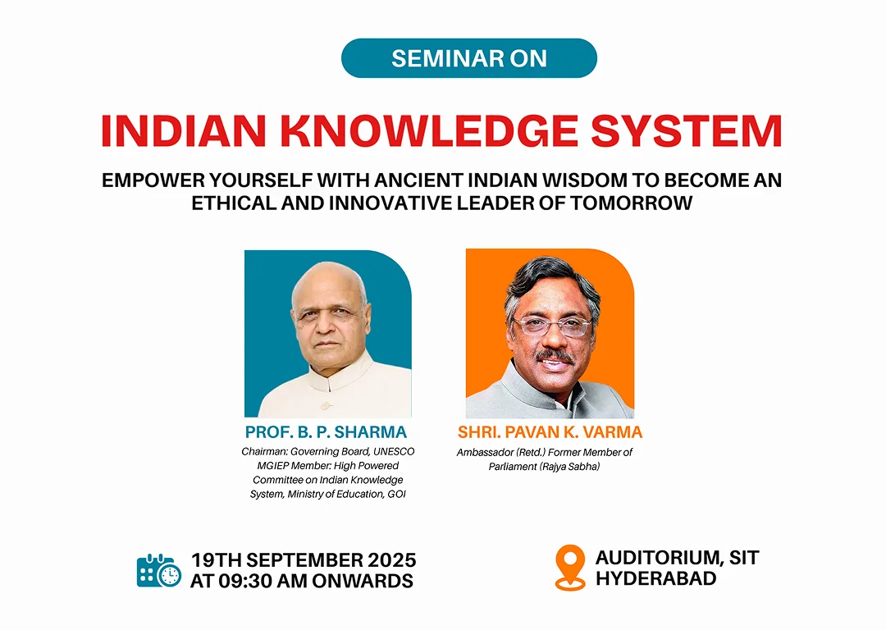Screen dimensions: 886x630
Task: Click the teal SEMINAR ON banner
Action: (x=469, y=58)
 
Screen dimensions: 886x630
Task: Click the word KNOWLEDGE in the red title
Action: (x=429, y=131)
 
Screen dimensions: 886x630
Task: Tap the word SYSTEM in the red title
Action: (x=687, y=131)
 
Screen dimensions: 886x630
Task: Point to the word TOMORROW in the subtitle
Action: (x=631, y=203)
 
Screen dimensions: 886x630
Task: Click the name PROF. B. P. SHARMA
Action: (x=326, y=432)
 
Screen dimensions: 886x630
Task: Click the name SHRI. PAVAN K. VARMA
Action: (x=550, y=432)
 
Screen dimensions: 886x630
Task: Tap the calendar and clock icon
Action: (x=159, y=571)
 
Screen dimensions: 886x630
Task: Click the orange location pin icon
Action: (x=570, y=568)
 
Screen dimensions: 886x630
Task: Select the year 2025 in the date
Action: (x=391, y=560)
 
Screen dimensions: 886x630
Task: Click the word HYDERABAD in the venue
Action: (x=656, y=578)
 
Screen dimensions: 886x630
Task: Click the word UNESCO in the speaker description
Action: (x=394, y=451)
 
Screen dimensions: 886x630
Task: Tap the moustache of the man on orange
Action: (x=556, y=357)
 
